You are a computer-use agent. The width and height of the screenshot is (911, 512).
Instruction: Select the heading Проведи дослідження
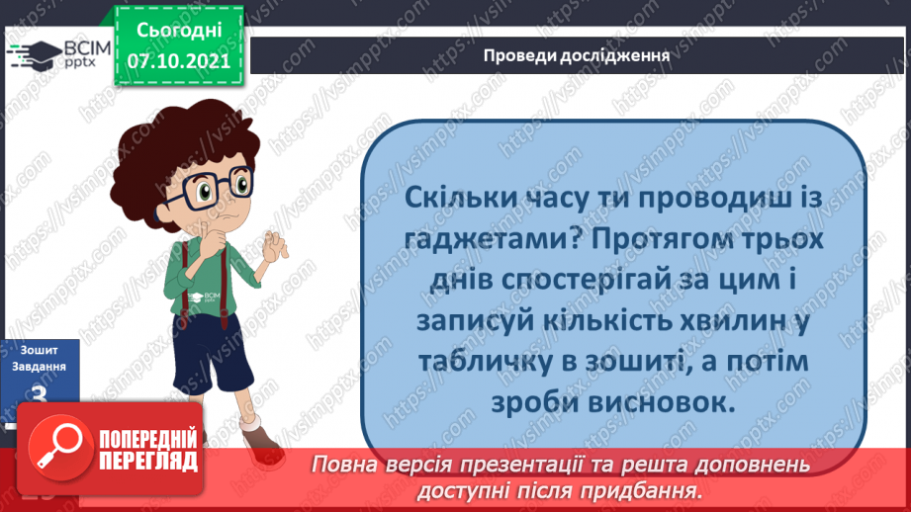point(578,55)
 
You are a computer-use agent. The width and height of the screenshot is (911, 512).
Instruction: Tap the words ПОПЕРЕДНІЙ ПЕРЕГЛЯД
point(148,448)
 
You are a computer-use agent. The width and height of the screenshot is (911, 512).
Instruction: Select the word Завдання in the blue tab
point(40,366)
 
